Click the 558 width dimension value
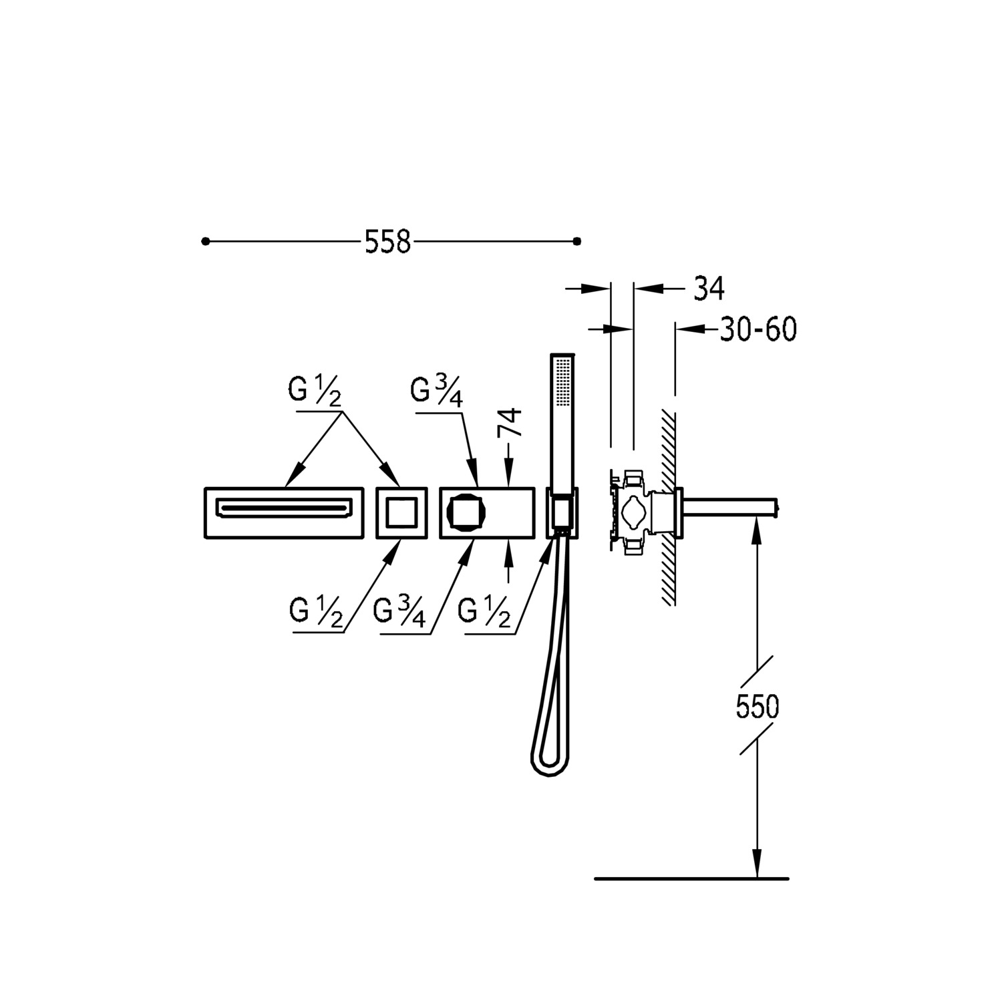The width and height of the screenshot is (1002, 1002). tap(387, 241)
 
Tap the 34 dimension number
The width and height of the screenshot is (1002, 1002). tap(709, 289)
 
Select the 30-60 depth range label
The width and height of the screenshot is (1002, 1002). tap(758, 329)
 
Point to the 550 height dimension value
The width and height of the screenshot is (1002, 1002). tap(758, 706)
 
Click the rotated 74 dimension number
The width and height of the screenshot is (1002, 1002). tap(510, 422)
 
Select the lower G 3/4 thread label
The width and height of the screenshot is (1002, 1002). tap(399, 612)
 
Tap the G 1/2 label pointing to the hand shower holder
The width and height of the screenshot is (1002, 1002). tap(485, 612)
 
